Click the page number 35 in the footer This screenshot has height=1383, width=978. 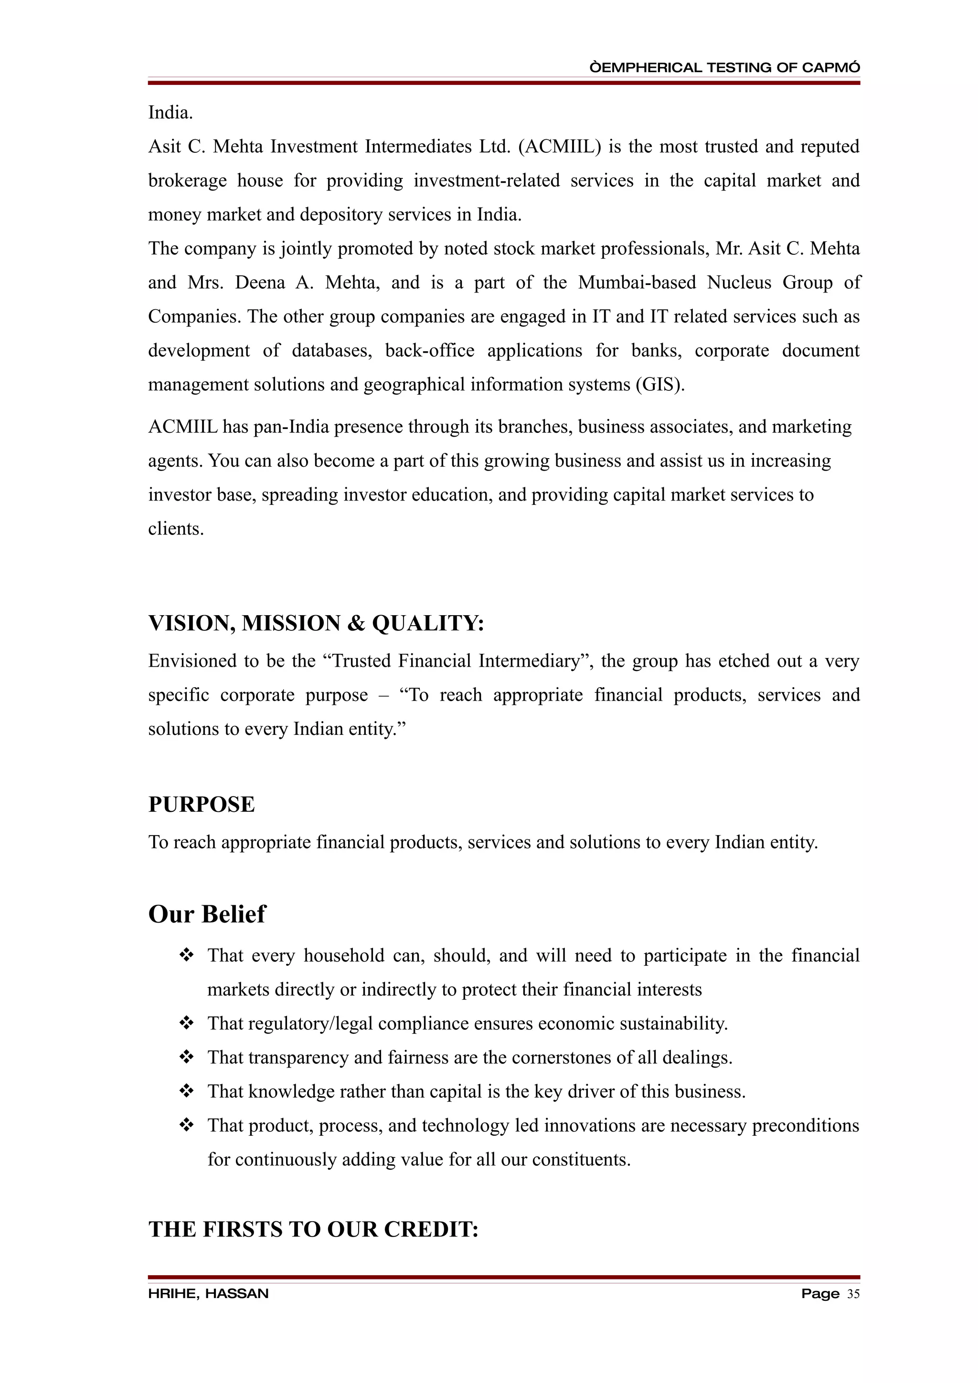(x=853, y=1294)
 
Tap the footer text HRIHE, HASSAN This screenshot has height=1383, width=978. (x=208, y=1294)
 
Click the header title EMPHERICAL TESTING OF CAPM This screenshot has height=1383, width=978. (x=724, y=67)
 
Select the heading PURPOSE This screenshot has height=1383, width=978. (x=201, y=805)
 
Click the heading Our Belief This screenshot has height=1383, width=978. (x=206, y=914)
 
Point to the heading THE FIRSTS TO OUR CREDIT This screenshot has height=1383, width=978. (x=313, y=1229)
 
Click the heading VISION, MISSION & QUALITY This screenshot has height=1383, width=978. (x=316, y=623)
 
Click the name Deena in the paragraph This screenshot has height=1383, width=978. (x=260, y=283)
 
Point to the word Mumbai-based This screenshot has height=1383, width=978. (x=637, y=283)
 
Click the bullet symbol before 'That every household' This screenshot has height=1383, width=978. (x=186, y=956)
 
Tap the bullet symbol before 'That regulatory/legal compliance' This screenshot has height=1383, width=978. (x=186, y=1023)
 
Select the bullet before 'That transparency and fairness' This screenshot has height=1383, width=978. (x=186, y=1058)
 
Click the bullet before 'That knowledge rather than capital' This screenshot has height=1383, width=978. (x=186, y=1091)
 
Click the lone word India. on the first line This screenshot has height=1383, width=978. (x=170, y=113)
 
